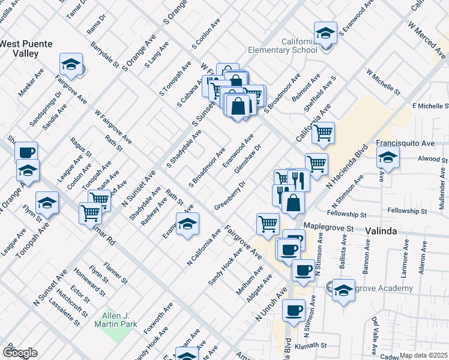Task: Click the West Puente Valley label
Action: click(26, 49)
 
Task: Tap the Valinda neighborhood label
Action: click(379, 232)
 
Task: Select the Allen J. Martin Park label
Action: click(116, 320)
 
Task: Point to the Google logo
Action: click(19, 353)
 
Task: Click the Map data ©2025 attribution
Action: click(423, 355)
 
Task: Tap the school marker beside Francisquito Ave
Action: click(388, 158)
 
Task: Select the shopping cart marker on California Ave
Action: click(323, 133)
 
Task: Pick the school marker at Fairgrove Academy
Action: click(343, 291)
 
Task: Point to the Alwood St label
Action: click(430, 160)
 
